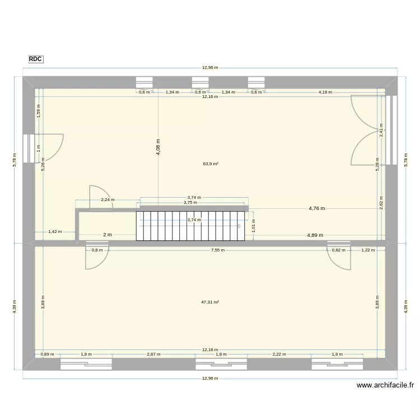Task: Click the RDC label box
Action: (35, 59)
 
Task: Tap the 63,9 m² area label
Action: (211, 164)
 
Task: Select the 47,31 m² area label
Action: (210, 302)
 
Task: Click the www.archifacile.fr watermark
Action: (385, 385)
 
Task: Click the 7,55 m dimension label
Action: (218, 250)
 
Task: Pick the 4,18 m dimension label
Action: (325, 92)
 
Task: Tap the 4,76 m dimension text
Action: (316, 208)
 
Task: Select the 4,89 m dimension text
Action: (315, 235)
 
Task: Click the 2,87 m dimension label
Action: (153, 354)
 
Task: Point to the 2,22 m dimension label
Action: (279, 354)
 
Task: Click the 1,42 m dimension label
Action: (55, 231)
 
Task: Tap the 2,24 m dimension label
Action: (108, 200)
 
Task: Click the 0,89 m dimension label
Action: (47, 354)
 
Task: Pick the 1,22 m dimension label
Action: (367, 250)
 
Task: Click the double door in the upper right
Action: (365, 130)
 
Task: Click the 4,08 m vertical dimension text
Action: (158, 148)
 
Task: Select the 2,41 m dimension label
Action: (381, 130)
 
